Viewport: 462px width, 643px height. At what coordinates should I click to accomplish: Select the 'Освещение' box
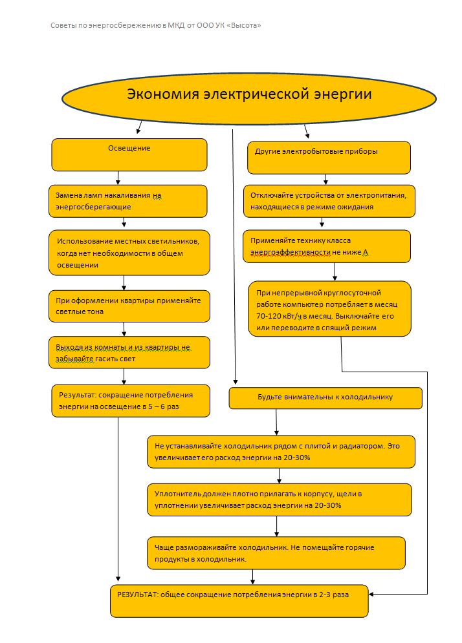coord(129,154)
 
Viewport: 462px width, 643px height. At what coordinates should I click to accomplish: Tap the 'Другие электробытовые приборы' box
coord(329,158)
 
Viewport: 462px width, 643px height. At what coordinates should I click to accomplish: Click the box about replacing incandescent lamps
coord(128,201)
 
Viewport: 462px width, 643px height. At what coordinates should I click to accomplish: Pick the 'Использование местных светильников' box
coord(129,252)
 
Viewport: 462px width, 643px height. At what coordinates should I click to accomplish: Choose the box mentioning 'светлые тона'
coord(129,306)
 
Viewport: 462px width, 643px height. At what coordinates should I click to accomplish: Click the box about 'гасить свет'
coord(129,352)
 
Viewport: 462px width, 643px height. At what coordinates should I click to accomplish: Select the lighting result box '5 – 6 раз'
coord(130,401)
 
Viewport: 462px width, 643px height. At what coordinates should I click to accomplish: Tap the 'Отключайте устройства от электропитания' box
coord(329,201)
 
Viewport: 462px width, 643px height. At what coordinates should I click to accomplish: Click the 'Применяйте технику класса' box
coord(327,246)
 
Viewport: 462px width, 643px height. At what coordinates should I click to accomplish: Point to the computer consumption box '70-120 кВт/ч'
coord(330,308)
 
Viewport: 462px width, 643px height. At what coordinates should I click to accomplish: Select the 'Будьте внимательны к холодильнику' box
coord(325,398)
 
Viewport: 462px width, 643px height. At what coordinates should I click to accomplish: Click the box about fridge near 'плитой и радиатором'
coord(281,452)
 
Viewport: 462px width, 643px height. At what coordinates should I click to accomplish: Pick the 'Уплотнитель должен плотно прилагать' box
coord(280,500)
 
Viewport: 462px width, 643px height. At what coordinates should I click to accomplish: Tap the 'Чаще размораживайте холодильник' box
coord(276,553)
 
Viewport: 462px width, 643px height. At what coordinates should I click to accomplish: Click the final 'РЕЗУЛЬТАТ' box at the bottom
coord(239,600)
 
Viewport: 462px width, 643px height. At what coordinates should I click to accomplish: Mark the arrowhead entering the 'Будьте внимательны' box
coord(236,383)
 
